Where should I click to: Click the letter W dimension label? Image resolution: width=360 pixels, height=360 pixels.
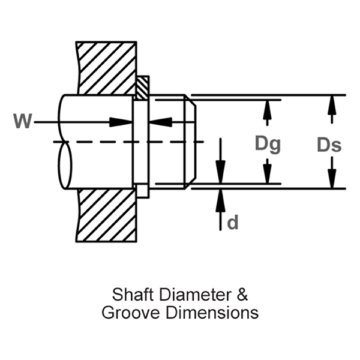(22, 121)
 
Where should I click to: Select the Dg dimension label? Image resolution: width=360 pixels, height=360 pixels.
(268, 144)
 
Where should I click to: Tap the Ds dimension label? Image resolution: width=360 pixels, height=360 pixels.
(329, 145)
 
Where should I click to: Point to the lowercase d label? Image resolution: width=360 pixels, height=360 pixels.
(233, 223)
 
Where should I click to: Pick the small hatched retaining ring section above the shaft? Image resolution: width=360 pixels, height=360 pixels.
(142, 88)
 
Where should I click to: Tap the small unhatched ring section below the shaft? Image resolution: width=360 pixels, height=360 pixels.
(142, 191)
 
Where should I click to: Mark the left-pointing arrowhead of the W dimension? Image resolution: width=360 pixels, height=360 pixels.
(158, 122)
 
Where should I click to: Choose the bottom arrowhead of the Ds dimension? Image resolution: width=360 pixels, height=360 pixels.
(329, 179)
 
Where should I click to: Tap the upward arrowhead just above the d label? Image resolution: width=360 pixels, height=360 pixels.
(220, 198)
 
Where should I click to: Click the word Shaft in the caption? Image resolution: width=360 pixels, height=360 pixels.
(128, 295)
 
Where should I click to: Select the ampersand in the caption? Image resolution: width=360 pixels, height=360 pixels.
(241, 295)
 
